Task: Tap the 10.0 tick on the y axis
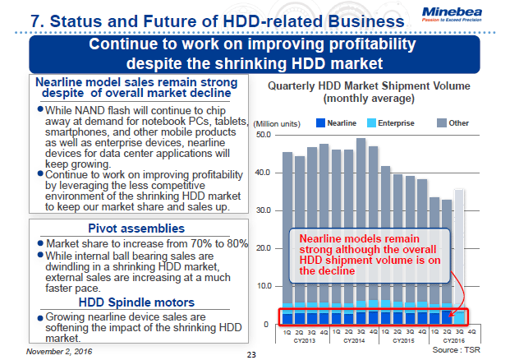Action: click(x=264, y=286)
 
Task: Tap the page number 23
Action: click(x=252, y=355)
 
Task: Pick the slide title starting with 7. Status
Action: click(x=206, y=18)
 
